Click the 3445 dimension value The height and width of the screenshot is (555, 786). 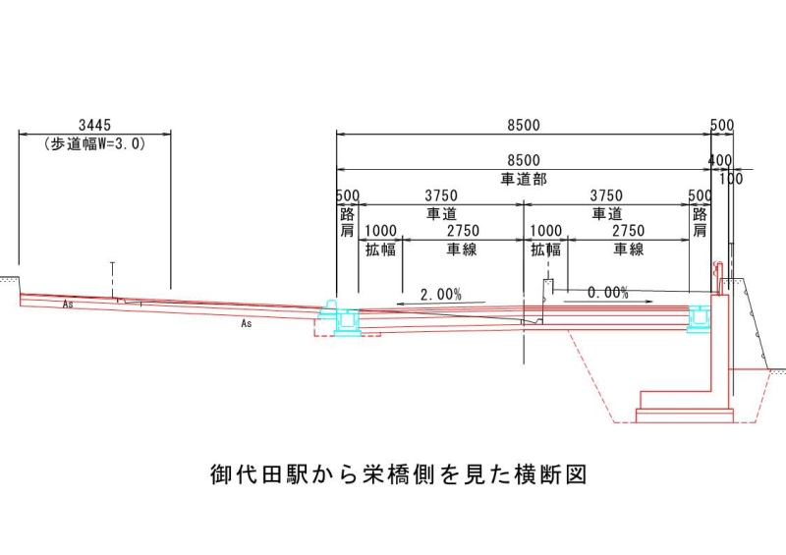click(94, 125)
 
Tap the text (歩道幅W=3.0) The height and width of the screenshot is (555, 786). click(94, 144)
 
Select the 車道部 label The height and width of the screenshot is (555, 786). click(524, 179)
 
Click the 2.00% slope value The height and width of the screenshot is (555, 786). click(440, 295)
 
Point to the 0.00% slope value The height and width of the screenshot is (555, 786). click(607, 293)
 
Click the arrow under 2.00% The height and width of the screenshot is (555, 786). click(440, 303)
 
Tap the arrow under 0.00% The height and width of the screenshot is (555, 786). click(607, 302)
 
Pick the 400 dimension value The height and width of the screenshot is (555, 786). click(720, 160)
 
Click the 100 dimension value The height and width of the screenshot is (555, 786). click(731, 179)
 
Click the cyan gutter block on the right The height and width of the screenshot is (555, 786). click(700, 317)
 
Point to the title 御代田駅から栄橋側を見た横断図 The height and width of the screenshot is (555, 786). click(399, 473)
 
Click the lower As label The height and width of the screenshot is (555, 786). click(247, 323)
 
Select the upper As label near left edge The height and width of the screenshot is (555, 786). click(68, 304)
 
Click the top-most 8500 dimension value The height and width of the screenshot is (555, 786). click(524, 125)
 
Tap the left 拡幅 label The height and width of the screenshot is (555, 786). click(380, 250)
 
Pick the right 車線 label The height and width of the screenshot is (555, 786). click(629, 250)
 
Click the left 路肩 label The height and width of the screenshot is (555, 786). click(348, 223)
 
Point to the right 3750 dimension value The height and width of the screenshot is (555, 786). click(606, 195)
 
